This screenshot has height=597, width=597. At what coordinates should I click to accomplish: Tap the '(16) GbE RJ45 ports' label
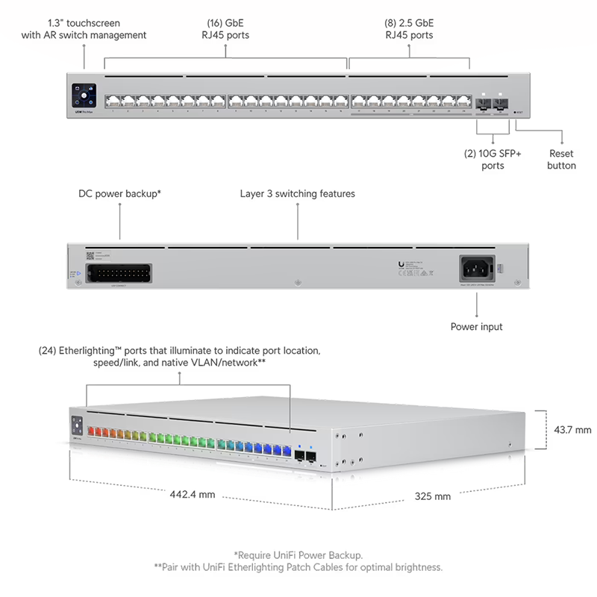click(x=227, y=29)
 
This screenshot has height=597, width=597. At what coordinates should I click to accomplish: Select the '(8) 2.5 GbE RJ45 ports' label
click(x=409, y=29)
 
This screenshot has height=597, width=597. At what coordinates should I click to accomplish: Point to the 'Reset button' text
click(x=561, y=159)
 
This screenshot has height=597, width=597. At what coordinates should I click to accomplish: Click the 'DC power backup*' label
click(x=120, y=193)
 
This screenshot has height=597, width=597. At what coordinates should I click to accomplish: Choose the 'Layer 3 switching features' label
click(x=297, y=193)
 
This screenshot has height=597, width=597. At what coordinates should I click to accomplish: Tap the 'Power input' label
click(x=476, y=326)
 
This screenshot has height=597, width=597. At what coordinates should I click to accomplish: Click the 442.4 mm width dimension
click(x=192, y=494)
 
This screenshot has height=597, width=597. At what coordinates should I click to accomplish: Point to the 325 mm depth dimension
click(x=433, y=496)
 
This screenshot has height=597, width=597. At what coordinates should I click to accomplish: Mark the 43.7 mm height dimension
click(x=573, y=430)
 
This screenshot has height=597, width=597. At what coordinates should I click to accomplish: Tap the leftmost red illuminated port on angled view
click(x=93, y=431)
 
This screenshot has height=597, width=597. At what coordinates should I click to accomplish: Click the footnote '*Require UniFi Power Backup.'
click(x=298, y=554)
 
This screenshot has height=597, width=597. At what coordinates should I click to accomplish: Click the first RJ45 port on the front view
click(x=113, y=101)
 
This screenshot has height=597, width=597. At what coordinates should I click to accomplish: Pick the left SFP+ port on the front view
click(x=481, y=106)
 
